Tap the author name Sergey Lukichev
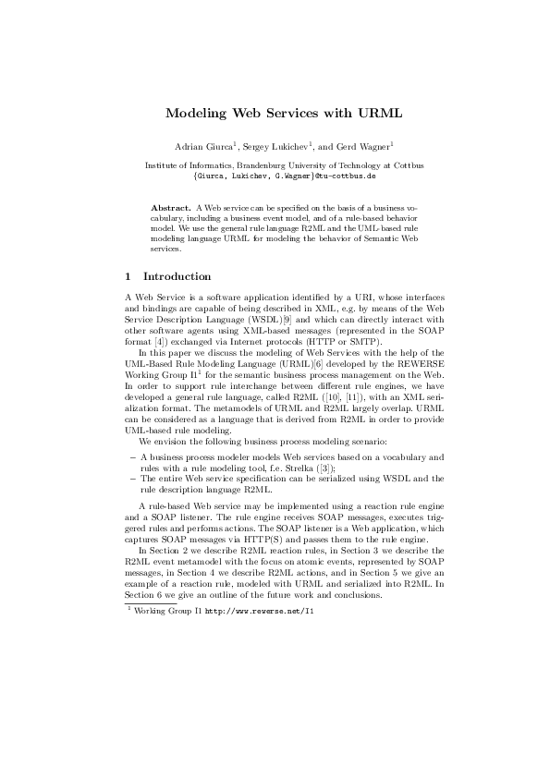pos(281,146)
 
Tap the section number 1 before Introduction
pos(128,276)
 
